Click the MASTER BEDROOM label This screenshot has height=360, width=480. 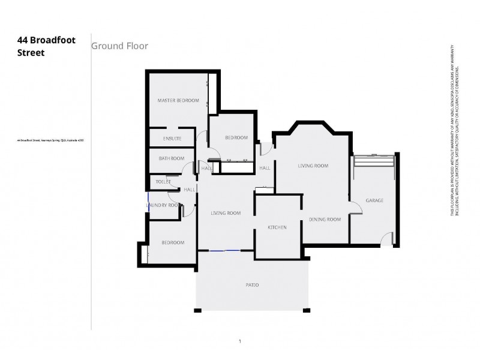[x=178, y=100]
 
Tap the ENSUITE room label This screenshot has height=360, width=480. [x=172, y=139]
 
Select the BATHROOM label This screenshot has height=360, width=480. [x=171, y=158]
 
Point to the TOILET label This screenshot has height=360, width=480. [x=163, y=181]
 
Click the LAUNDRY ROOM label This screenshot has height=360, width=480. [x=164, y=205]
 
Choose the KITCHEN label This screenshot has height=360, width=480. [x=277, y=227]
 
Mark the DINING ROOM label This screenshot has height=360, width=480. [x=325, y=220]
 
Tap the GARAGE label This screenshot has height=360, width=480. [x=374, y=200]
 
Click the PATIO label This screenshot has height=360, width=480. [x=252, y=284]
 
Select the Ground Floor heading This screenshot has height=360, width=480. [x=119, y=46]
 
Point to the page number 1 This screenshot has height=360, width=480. [x=239, y=341]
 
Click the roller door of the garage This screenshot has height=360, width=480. [x=374, y=156]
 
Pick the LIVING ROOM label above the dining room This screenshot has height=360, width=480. [x=313, y=166]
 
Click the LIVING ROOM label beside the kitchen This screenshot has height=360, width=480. [x=226, y=213]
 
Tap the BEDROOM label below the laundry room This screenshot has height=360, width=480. [x=173, y=242]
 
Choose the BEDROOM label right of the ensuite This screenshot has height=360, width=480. [x=236, y=138]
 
